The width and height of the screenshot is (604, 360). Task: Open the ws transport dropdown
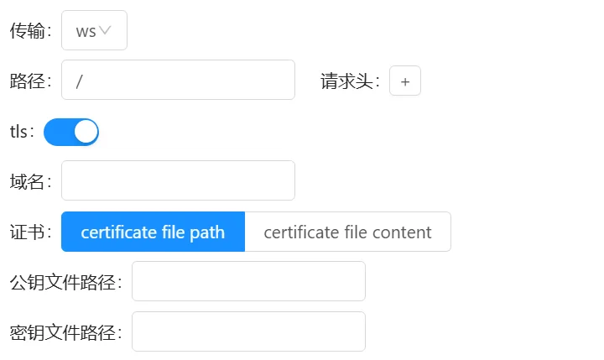[x=94, y=30]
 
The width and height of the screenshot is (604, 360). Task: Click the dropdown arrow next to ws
[x=105, y=30]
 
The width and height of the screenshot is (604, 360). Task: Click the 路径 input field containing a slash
[x=178, y=80]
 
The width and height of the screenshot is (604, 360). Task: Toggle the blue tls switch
[x=71, y=132]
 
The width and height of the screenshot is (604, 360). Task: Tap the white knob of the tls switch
[x=86, y=132]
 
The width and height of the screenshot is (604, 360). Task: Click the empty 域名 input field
[x=178, y=180]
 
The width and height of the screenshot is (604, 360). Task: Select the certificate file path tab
[x=153, y=232]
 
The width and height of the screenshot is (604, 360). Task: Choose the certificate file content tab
[x=348, y=232]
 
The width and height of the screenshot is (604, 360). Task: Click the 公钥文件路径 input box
[x=248, y=281]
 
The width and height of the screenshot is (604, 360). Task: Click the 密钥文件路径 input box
[x=248, y=331]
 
